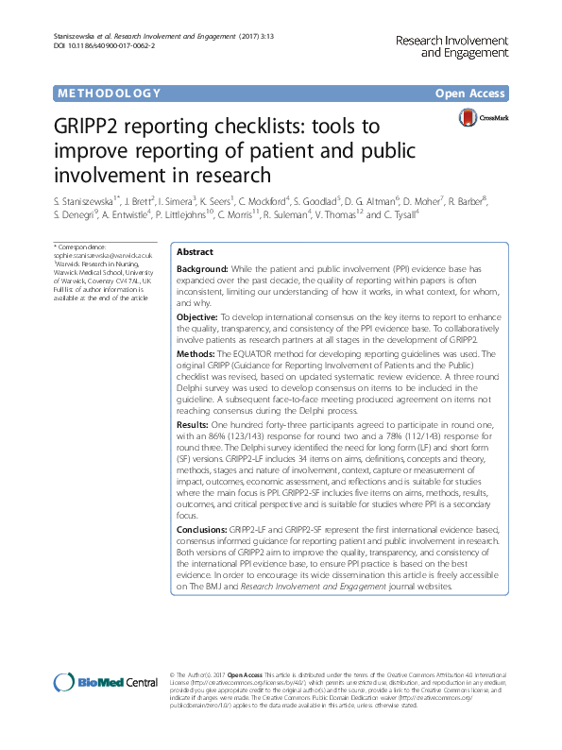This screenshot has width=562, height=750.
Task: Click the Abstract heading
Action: point(196,253)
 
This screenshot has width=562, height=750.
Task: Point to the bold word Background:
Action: point(203,269)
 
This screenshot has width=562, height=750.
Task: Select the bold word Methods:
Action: point(196,353)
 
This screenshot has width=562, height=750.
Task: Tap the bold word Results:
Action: point(193,426)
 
